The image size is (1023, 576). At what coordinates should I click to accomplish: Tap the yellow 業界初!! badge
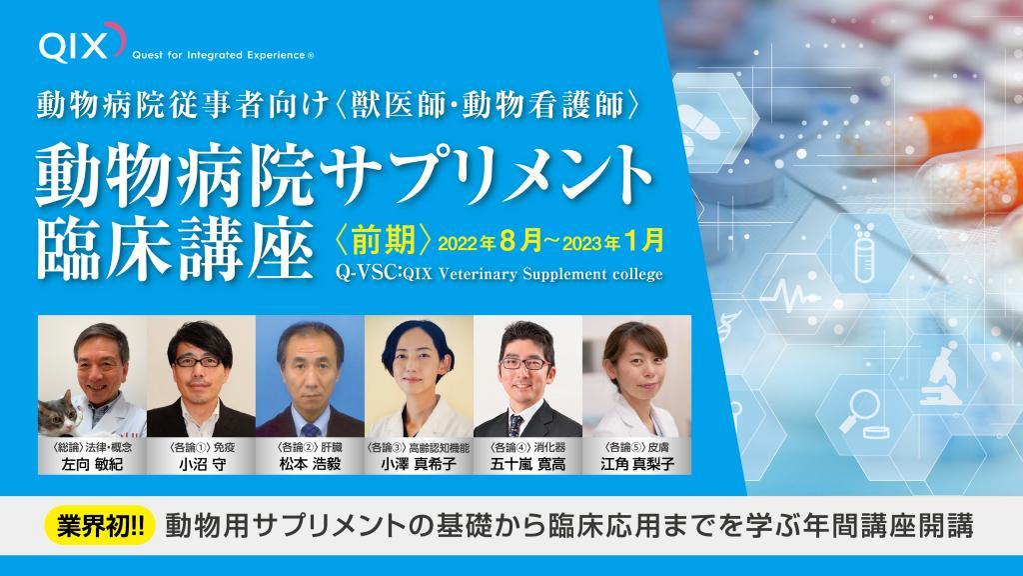[100, 526]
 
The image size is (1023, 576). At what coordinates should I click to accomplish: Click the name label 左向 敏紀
[92, 464]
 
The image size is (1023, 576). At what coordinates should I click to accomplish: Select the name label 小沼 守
[202, 464]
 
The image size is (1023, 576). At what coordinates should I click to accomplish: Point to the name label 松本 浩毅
[310, 464]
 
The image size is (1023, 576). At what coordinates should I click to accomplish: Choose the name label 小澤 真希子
[419, 464]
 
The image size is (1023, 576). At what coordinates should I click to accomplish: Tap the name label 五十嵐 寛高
[527, 464]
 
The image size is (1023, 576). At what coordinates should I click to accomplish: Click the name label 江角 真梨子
[637, 464]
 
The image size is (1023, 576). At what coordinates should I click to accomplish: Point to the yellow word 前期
[385, 239]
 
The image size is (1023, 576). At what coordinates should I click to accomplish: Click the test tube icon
[864, 255]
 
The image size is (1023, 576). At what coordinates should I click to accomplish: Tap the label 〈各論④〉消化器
[527, 447]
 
